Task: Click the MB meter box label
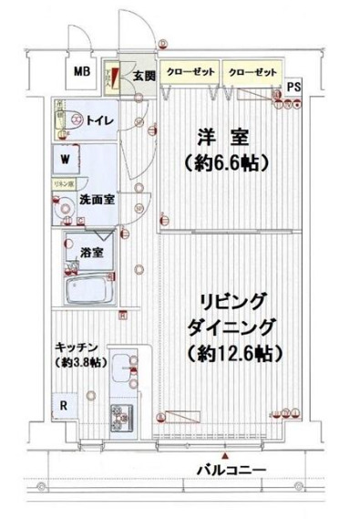pos(82,72)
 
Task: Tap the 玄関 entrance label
pos(140,75)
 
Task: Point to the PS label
pos(293,87)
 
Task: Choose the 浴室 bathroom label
pos(88,252)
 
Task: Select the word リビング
pos(234,301)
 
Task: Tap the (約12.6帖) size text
pos(234,351)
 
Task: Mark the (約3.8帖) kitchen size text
pos(77,363)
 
